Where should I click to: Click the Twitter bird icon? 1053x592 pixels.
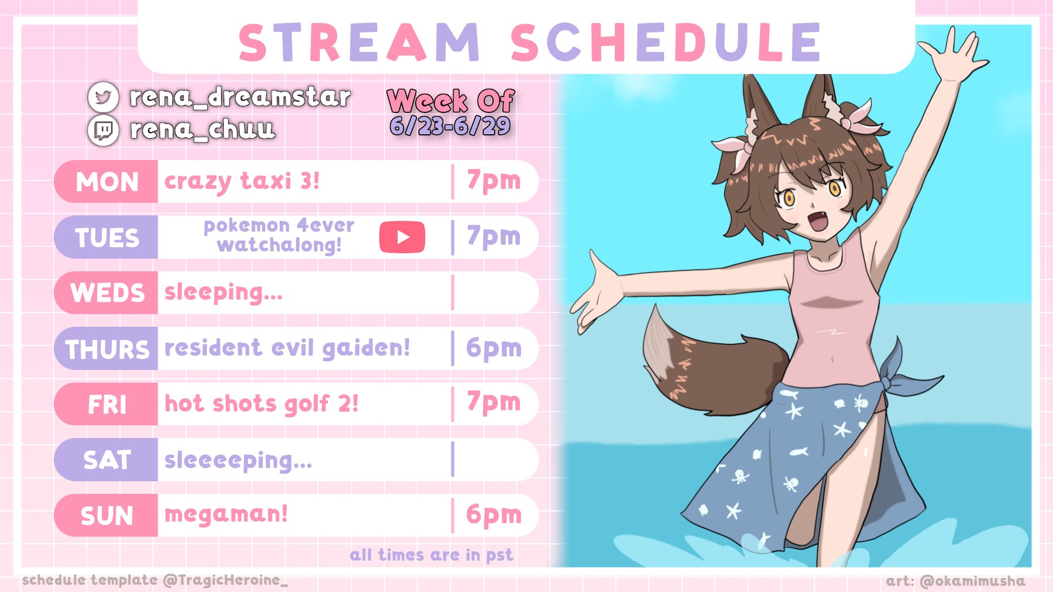pos(103,97)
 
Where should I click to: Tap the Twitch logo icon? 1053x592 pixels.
pos(103,130)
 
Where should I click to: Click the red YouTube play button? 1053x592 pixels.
pos(402,237)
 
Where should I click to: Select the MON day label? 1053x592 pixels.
pos(107,182)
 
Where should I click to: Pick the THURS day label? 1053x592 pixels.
pos(107,349)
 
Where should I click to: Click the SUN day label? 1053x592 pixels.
pos(107,516)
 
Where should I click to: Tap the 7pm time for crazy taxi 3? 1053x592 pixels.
pos(494,181)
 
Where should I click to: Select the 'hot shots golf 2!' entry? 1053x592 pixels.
pos(262,404)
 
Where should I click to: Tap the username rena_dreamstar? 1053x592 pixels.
pos(240,98)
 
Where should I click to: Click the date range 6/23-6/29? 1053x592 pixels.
pos(450,127)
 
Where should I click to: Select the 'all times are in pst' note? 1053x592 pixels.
pos(432,555)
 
